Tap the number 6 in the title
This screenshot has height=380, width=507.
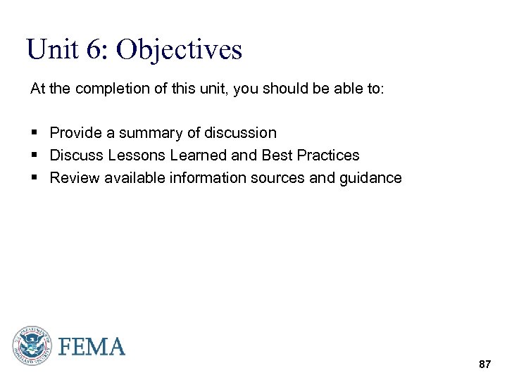[x=94, y=50]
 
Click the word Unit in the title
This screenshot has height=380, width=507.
[x=51, y=50]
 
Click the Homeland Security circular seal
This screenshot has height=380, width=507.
[x=32, y=346]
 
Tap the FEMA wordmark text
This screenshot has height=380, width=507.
[x=92, y=347]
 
